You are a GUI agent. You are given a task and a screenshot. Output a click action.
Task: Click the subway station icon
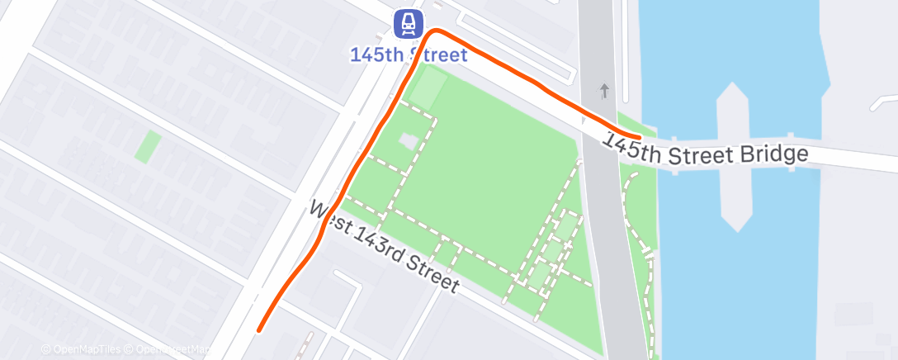click(x=408, y=24)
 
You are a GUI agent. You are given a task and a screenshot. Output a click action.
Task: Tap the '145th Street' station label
click(x=409, y=55)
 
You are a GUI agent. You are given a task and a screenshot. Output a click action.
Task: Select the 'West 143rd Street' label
click(x=384, y=245)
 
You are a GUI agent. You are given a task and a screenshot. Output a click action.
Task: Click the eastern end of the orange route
click(x=639, y=136)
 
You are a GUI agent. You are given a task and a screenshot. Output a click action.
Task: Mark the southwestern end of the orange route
click(x=259, y=330)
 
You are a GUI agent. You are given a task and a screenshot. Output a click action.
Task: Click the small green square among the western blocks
click(x=148, y=146)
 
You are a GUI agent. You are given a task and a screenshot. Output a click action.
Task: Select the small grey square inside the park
click(x=408, y=141)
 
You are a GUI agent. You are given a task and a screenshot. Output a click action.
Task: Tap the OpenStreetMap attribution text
click(x=173, y=349)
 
